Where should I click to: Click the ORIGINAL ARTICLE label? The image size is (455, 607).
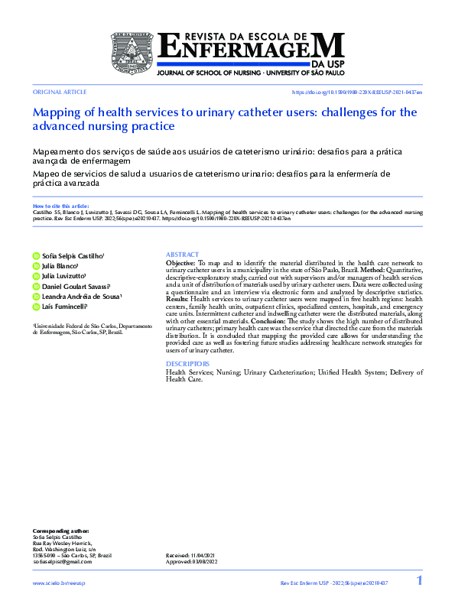[x=54, y=92]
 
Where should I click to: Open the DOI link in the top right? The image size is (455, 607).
[x=357, y=92]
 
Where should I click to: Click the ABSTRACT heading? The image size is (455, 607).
[x=182, y=255]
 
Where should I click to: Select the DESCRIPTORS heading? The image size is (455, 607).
[x=187, y=364]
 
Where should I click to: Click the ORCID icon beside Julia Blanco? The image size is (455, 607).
[x=36, y=266]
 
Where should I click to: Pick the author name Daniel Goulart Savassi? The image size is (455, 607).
[x=76, y=286]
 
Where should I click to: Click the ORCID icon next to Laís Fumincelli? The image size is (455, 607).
[x=36, y=307]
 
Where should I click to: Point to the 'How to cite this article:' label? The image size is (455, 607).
[x=61, y=206]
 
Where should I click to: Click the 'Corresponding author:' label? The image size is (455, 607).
[x=60, y=531]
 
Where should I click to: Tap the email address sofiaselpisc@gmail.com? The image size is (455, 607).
[x=62, y=562]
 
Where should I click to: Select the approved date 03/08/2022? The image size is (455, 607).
[x=206, y=562]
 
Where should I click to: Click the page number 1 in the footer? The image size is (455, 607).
[x=419, y=582]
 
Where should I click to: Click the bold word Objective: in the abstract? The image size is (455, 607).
[x=180, y=262]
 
